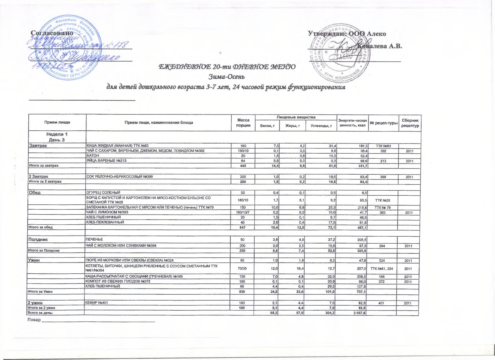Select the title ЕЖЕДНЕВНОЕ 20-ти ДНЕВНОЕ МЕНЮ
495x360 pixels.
[227, 67]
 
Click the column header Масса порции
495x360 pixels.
[243, 123]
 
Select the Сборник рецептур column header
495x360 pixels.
[410, 123]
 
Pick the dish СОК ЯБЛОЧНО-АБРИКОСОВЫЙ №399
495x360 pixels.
[119, 177]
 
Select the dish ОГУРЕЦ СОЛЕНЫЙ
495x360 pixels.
[103, 192]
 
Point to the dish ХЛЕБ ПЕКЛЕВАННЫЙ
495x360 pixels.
[105, 222]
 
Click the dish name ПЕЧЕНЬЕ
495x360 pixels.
[94, 239]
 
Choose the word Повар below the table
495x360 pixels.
[34, 320]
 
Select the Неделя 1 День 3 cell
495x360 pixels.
[57, 137]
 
